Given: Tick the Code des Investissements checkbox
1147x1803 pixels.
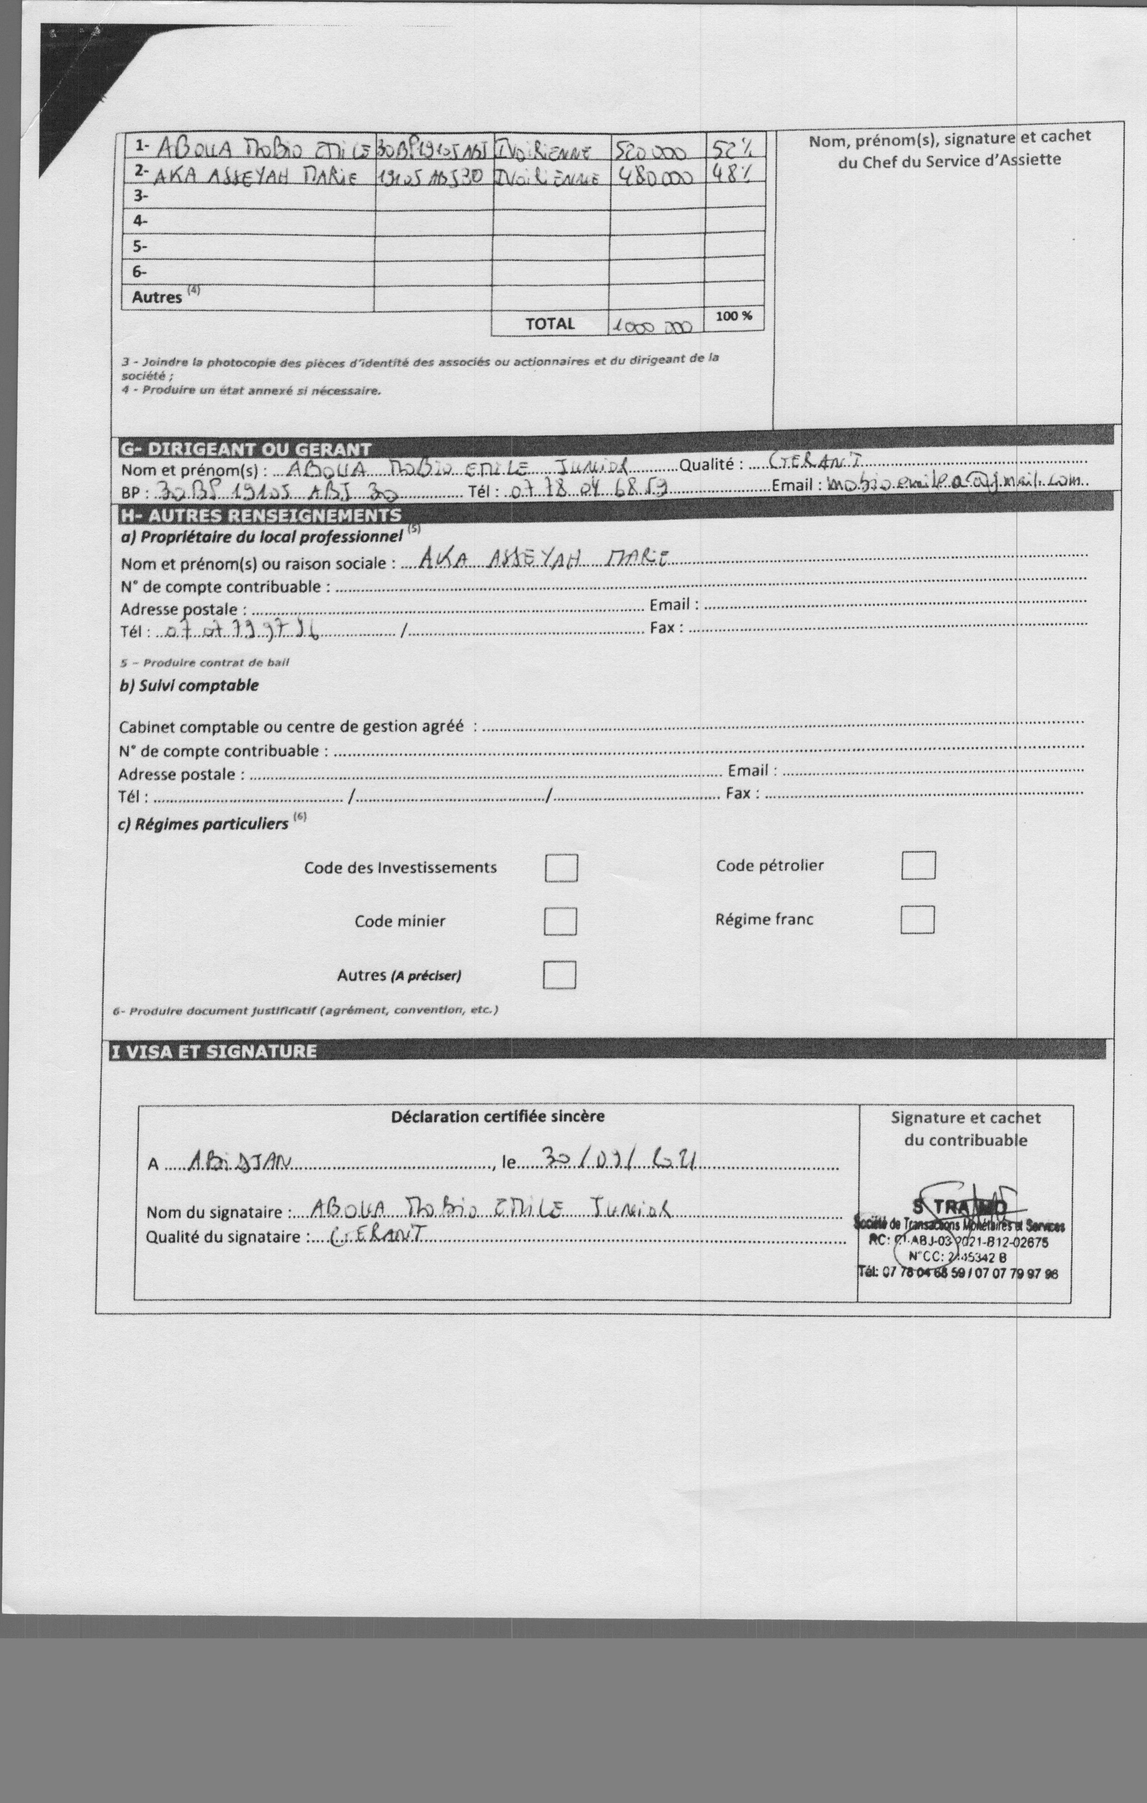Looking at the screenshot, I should pyautogui.click(x=561, y=868).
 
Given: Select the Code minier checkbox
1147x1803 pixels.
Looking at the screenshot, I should pyautogui.click(x=560, y=921).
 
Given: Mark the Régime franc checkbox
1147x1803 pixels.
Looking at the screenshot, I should pyautogui.click(x=917, y=919).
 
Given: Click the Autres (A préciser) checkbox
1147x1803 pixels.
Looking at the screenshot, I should pyautogui.click(x=559, y=975).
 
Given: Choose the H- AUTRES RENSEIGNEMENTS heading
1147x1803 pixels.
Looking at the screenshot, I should pyautogui.click(x=260, y=515).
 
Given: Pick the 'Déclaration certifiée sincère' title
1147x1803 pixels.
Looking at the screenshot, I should pyautogui.click(x=497, y=1116).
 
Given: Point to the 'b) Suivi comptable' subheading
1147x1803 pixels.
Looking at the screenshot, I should pyautogui.click(x=189, y=685).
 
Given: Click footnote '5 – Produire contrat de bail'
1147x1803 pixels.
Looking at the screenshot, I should pyautogui.click(x=204, y=663).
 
